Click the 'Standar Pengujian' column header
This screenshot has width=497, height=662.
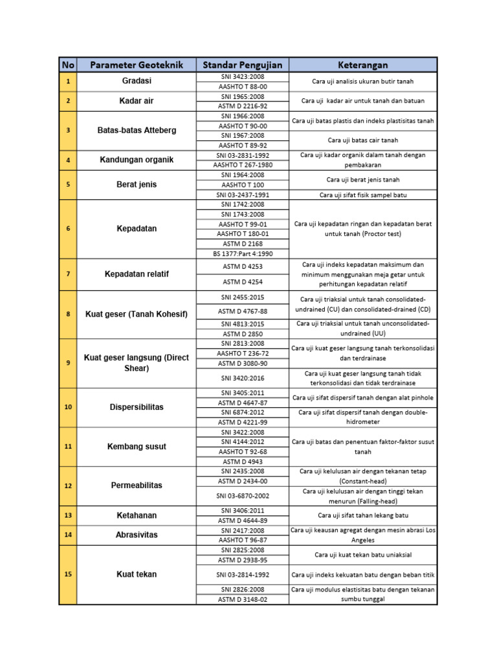pos(243,65)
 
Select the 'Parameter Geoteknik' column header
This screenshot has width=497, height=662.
pos(137,65)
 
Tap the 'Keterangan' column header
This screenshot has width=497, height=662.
pos(363,65)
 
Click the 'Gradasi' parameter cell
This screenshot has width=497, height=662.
pos(137,81)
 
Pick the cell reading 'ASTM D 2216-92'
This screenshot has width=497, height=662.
pos(243,106)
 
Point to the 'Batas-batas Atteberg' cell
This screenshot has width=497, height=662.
pos(137,131)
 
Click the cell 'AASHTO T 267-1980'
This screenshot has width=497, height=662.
pos(243,165)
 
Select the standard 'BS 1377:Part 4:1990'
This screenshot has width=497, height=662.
pos(243,253)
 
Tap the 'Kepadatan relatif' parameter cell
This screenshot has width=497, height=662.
pos(137,274)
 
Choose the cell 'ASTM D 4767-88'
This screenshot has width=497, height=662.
pos(243,311)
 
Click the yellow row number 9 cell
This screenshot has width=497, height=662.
pos(69,363)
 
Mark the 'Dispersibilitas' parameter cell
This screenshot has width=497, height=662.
pos(137,407)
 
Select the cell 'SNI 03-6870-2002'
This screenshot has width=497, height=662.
pos(243,496)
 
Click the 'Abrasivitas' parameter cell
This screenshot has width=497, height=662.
pos(137,535)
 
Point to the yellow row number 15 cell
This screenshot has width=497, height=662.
pos(69,574)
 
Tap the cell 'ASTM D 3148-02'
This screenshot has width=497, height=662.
pos(243,599)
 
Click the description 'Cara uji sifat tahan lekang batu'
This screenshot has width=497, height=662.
pos(363,515)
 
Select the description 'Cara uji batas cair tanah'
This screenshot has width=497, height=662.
pos(363,140)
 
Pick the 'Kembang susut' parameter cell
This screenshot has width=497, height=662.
pos(137,447)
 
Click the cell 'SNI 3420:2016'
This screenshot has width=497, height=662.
pos(243,378)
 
